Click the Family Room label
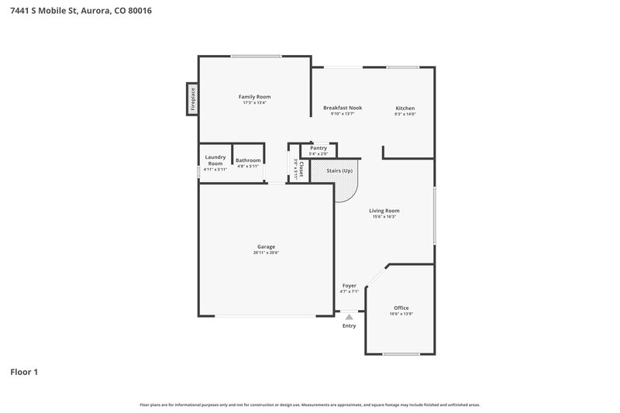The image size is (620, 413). point(254,96)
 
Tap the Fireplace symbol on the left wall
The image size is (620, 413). point(192,100)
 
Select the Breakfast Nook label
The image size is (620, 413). point(343,108)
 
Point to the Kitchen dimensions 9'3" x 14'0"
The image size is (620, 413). point(405,115)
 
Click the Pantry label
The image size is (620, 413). point(319,148)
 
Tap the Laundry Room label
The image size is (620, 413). point(215,160)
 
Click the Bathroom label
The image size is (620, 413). point(248,160)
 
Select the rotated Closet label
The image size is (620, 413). point(301,168)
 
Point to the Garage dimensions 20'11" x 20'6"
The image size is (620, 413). point(266,253)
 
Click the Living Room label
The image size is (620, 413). point(384,210)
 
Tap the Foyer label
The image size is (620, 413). point(350,285)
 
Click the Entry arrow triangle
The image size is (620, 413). point(350,316)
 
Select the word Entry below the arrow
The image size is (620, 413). point(350,325)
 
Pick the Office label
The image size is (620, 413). point(401,308)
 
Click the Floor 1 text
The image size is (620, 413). point(24,372)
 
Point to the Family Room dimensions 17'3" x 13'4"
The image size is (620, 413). point(254,103)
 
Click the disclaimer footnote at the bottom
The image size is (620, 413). point(310,404)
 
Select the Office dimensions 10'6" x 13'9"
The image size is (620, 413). point(401,315)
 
